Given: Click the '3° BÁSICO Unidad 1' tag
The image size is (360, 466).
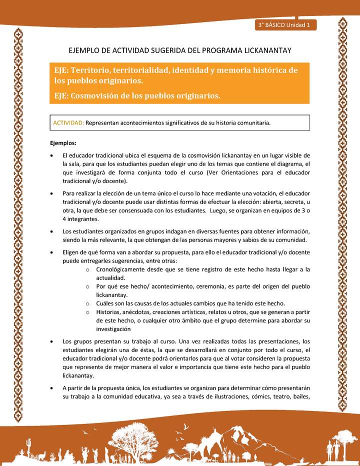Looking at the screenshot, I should pyautogui.click(x=285, y=25).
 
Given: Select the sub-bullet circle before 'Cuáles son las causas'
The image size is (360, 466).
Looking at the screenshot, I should pyautogui.click(x=87, y=303).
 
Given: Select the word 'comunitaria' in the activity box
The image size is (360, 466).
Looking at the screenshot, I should pyautogui.click(x=252, y=123).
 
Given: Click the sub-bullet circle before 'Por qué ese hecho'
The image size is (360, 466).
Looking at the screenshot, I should pyautogui.click(x=87, y=286).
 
